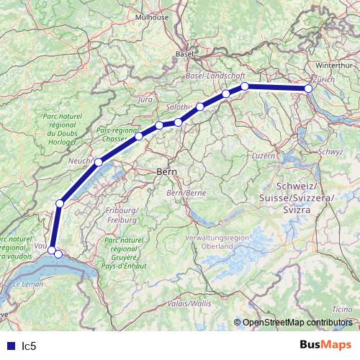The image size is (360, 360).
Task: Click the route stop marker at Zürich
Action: coord(308,89)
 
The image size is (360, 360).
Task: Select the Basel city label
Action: coord(185,54)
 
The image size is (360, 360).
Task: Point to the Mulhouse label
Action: coord(174,17)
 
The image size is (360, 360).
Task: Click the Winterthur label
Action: coord(332,65)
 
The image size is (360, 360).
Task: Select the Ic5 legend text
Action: coord(29,346)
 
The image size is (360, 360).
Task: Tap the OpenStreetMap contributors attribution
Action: coord(297,323)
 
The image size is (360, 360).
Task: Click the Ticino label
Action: coord(342,310)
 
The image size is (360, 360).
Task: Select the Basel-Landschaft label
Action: coord(216,76)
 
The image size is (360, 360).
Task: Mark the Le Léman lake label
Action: coord(27,286)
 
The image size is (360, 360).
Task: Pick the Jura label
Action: coord(145,99)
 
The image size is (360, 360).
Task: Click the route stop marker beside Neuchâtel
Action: coord(99,162)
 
